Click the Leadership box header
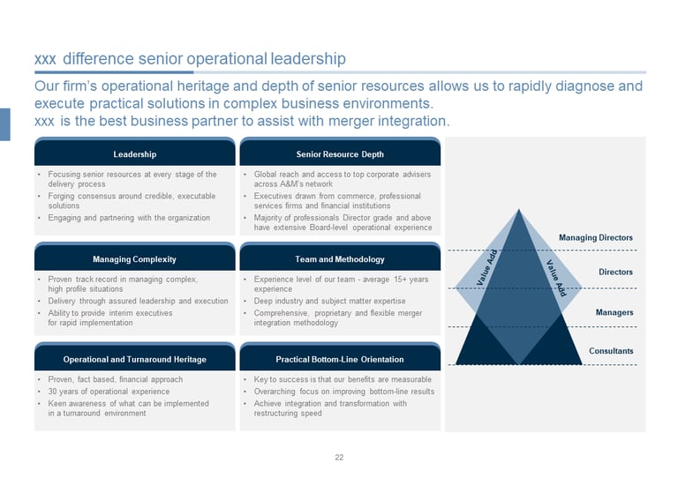pyautogui.click(x=134, y=154)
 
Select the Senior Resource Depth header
pyautogui.click(x=340, y=154)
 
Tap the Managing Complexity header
pyautogui.click(x=134, y=259)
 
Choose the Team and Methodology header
pyautogui.click(x=340, y=259)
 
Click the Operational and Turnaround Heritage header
pyautogui.click(x=134, y=359)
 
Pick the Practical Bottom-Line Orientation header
pyautogui.click(x=340, y=359)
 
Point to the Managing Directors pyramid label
pyautogui.click(x=596, y=237)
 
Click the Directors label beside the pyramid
pyautogui.click(x=615, y=273)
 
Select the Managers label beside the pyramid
pyautogui.click(x=614, y=312)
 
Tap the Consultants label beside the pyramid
pyautogui.click(x=611, y=351)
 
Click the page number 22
pyautogui.click(x=339, y=457)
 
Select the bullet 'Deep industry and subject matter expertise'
pyautogui.click(x=330, y=301)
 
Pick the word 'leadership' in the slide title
pyautogui.click(x=306, y=59)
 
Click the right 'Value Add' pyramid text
pyautogui.click(x=555, y=277)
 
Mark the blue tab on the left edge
pyautogui.click(x=4, y=124)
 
